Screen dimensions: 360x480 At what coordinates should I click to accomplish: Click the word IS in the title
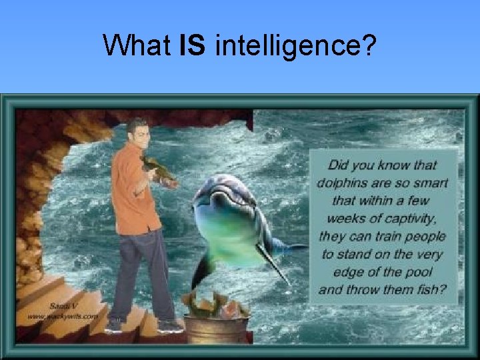tap(193, 45)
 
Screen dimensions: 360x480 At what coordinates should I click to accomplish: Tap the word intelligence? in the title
tap(296, 47)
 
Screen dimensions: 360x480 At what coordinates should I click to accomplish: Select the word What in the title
tap(137, 45)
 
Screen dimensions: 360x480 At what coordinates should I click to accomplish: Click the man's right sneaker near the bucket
tap(169, 325)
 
